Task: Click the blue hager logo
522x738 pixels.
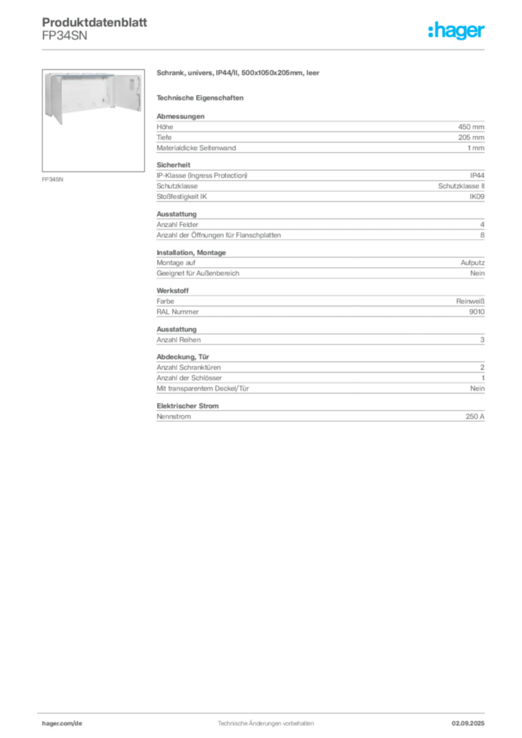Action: point(458,31)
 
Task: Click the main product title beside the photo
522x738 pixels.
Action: point(239,74)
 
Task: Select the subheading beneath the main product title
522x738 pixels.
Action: point(202,97)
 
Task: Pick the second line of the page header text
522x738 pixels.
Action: point(66,41)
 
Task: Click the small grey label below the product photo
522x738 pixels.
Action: point(54,179)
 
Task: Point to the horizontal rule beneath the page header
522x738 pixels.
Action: point(265,49)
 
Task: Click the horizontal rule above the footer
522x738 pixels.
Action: point(265,711)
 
